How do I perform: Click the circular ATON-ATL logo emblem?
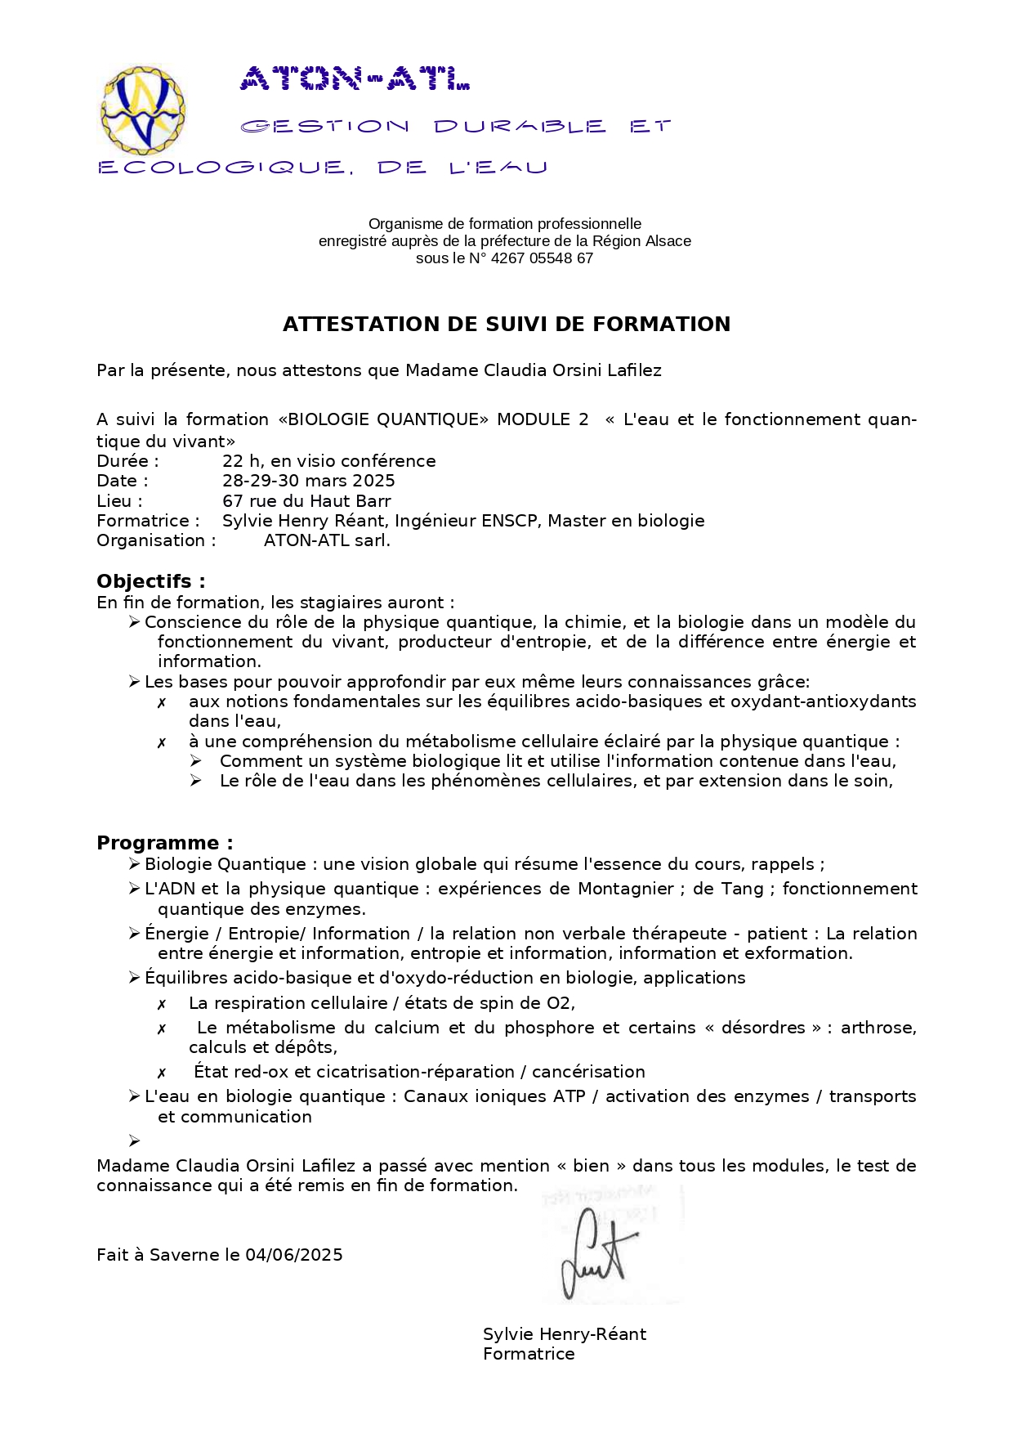pos(141,111)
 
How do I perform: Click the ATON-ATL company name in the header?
pos(355,79)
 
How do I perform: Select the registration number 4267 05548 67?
pos(541,258)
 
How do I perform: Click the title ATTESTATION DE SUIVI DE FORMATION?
pos(507,325)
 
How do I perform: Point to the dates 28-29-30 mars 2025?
pos(308,481)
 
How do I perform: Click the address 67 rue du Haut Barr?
pos(306,501)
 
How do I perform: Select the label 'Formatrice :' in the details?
pos(148,521)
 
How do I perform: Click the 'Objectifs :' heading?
pos(150,581)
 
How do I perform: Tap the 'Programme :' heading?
pos(164,843)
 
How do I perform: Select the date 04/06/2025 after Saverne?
pos(294,1255)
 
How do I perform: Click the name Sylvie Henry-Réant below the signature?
pos(564,1334)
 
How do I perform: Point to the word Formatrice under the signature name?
pos(529,1354)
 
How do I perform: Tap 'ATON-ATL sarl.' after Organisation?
pos(327,540)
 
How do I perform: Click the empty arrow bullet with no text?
pos(135,1140)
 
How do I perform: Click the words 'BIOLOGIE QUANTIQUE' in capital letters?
pos(383,419)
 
